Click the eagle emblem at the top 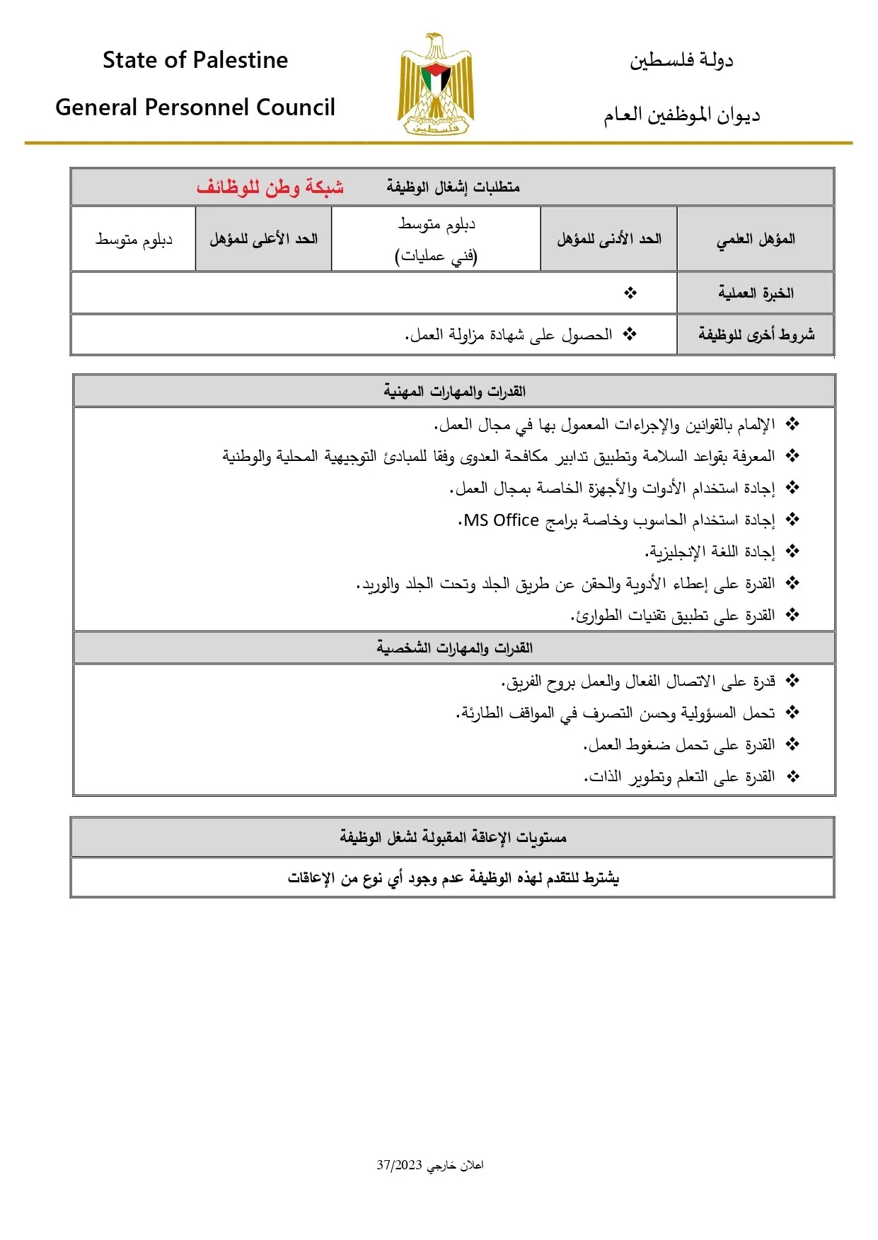pyautogui.click(x=436, y=83)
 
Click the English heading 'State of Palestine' pyautogui.click(x=195, y=60)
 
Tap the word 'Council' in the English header pyautogui.click(x=295, y=107)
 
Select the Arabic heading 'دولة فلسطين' pyautogui.click(x=681, y=60)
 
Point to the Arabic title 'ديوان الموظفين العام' pyautogui.click(x=681, y=115)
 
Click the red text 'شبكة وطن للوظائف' pyautogui.click(x=270, y=187)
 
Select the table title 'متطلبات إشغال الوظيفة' pyautogui.click(x=453, y=187)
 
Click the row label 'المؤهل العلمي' pyautogui.click(x=756, y=239)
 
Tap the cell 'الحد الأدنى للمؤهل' pyautogui.click(x=608, y=239)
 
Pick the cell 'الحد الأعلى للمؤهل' pyautogui.click(x=263, y=239)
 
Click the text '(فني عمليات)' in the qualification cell pyautogui.click(x=436, y=255)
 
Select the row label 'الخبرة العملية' pyautogui.click(x=756, y=293)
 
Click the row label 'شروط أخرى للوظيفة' pyautogui.click(x=756, y=334)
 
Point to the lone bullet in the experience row pyautogui.click(x=630, y=293)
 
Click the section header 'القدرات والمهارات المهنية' pyautogui.click(x=454, y=391)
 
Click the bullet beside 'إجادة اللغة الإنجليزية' pyautogui.click(x=792, y=551)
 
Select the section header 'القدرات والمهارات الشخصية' pyautogui.click(x=454, y=648)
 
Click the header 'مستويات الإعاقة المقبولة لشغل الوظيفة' pyautogui.click(x=453, y=838)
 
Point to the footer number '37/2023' pyautogui.click(x=399, y=1165)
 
